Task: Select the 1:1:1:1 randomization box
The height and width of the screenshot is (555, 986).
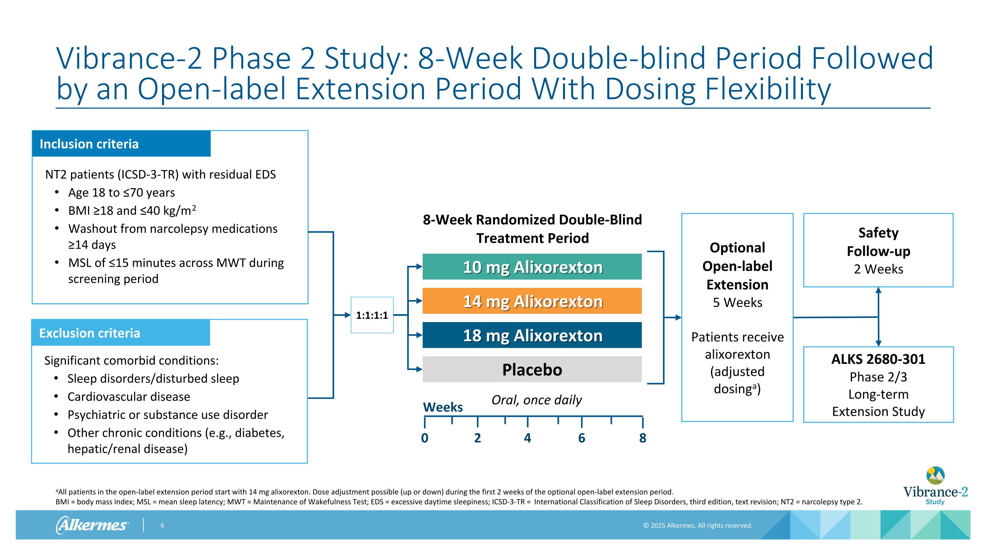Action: click(372, 315)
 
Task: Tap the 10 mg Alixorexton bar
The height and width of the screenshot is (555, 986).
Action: click(532, 267)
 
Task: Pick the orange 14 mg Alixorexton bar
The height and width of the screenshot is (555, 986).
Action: click(532, 301)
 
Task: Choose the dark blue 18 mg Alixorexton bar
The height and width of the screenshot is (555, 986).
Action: click(532, 335)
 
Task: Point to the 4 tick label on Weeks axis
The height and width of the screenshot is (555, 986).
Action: click(528, 438)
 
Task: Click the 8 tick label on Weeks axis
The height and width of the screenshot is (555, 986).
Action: click(643, 438)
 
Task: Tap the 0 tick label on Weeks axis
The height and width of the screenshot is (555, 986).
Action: click(425, 438)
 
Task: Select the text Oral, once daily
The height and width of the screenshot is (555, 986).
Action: click(536, 400)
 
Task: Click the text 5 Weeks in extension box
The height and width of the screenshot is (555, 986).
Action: click(737, 303)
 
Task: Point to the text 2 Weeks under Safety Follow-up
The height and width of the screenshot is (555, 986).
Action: click(878, 269)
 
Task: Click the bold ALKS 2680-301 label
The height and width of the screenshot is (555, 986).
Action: click(878, 359)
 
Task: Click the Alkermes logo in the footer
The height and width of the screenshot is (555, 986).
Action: click(92, 525)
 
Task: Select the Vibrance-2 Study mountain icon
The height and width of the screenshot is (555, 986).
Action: click(935, 475)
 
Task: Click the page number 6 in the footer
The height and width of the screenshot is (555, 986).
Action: click(162, 525)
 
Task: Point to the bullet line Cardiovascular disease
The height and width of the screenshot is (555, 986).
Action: click(129, 396)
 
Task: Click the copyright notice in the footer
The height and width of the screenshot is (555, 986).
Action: click(698, 525)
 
